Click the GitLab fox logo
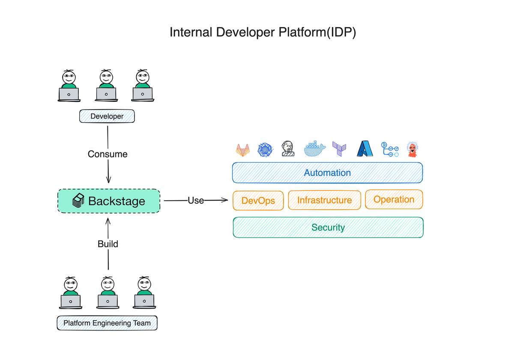243,150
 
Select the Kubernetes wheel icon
265,149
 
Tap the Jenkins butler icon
288,149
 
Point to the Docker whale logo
314,149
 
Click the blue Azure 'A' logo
365,149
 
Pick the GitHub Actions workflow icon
390,149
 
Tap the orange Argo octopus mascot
412,149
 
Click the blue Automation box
327,173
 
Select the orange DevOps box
258,200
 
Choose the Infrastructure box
324,200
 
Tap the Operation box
394,199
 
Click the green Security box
328,227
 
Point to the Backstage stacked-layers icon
78,201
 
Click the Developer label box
107,116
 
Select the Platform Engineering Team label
107,323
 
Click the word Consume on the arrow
108,154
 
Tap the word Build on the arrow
108,244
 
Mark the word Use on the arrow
196,200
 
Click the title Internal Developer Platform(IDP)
263,33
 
